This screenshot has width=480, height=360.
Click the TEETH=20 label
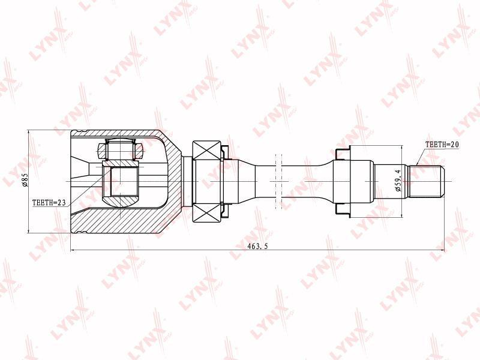point(442,145)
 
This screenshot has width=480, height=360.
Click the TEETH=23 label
point(49,203)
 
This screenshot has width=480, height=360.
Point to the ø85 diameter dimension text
point(25,181)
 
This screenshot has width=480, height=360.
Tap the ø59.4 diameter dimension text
point(398,182)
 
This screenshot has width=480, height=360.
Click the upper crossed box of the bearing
point(206,151)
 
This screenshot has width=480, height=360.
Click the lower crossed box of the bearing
point(206,212)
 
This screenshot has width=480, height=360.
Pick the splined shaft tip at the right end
point(426,181)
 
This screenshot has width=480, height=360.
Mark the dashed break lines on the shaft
point(278,181)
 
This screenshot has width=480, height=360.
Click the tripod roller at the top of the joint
point(121,149)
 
